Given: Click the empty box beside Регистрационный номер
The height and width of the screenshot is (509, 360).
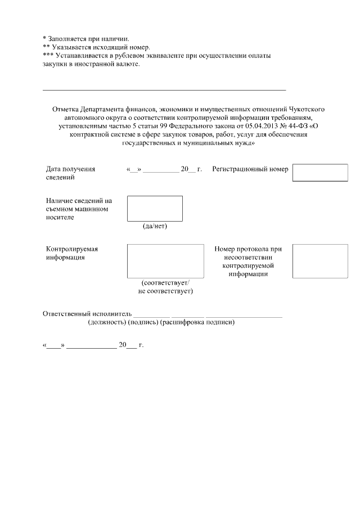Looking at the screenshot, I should (x=320, y=173).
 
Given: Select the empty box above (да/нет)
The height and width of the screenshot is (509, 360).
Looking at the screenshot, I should (x=155, y=208).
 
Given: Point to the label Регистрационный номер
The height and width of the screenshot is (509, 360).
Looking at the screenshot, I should (x=250, y=169).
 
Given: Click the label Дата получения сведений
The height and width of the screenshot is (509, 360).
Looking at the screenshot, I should (x=70, y=173).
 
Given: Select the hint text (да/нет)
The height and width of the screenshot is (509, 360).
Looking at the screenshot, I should (x=155, y=227).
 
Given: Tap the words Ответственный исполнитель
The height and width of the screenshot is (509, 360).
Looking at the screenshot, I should (x=87, y=313).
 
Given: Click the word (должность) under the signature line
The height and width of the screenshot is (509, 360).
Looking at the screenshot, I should (x=107, y=322).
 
